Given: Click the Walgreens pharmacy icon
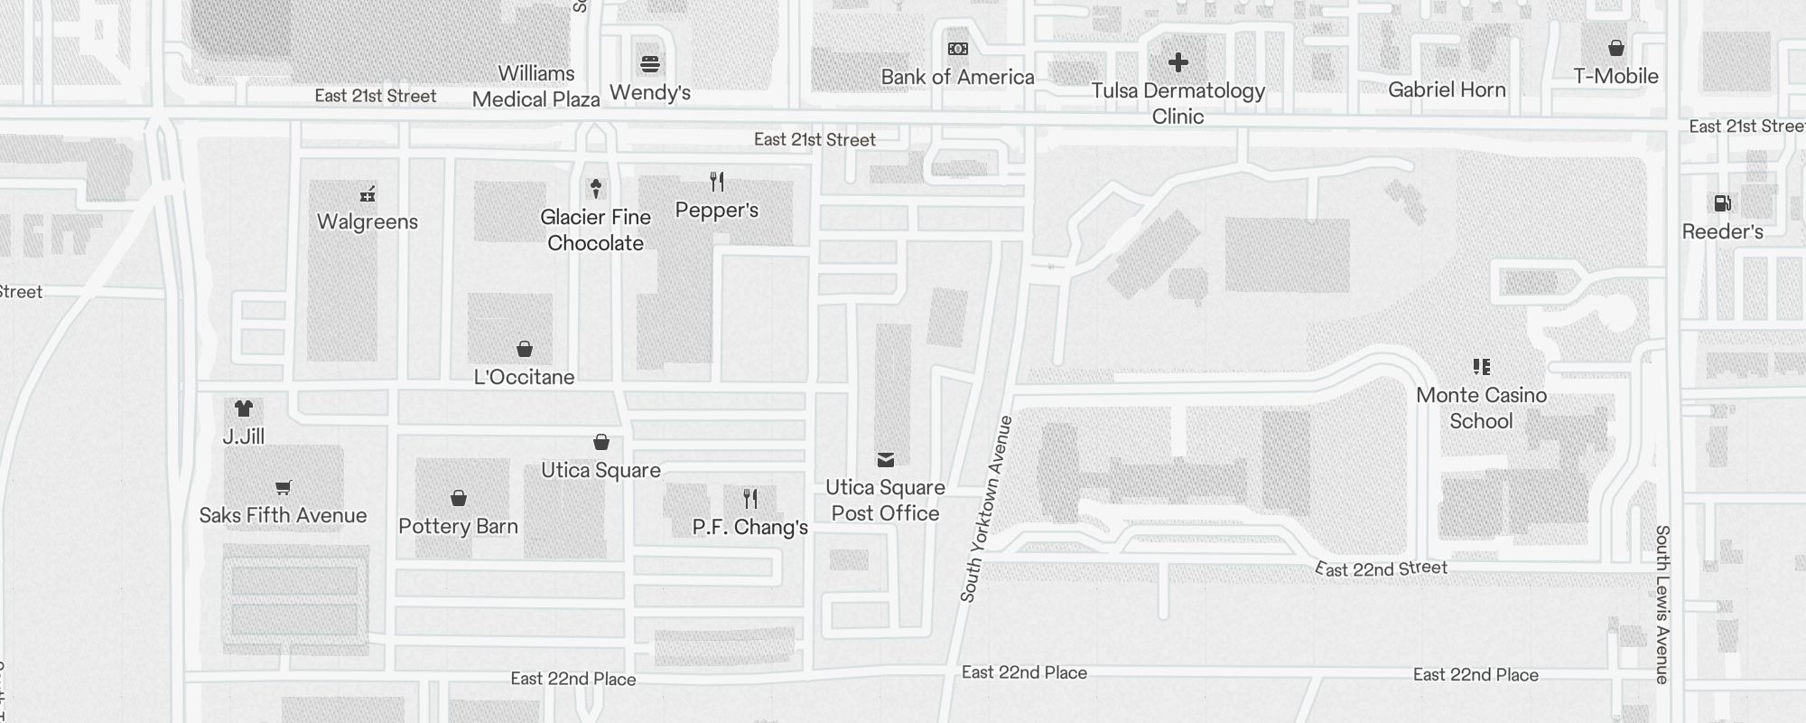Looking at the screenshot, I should (368, 193).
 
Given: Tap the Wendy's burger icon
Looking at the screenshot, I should (650, 64).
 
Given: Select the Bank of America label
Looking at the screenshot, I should (957, 77).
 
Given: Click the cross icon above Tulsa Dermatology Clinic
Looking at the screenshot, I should (1178, 62).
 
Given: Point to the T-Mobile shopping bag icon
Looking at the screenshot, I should (1616, 48).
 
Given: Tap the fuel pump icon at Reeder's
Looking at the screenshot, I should (1722, 203).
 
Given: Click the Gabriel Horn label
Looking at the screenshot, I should (1447, 89).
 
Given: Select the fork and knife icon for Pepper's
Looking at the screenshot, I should (717, 182).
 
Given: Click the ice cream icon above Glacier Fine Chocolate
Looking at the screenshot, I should (595, 188).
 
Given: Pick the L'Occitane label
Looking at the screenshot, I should (524, 377).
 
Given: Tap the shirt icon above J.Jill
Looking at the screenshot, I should (243, 408).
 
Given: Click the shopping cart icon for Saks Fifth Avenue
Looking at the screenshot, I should (283, 487).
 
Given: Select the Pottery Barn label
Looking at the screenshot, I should (458, 526).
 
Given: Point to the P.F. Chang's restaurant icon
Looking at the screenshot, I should (750, 498).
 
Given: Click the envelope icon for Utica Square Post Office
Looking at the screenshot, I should (885, 460).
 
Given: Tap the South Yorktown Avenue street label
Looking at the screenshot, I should (985, 509).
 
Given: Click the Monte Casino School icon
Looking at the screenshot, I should (1481, 366).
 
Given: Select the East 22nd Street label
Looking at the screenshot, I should (1382, 568).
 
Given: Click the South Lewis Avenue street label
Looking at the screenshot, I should (1662, 604).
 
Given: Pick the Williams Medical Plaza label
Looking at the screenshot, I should (536, 86).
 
